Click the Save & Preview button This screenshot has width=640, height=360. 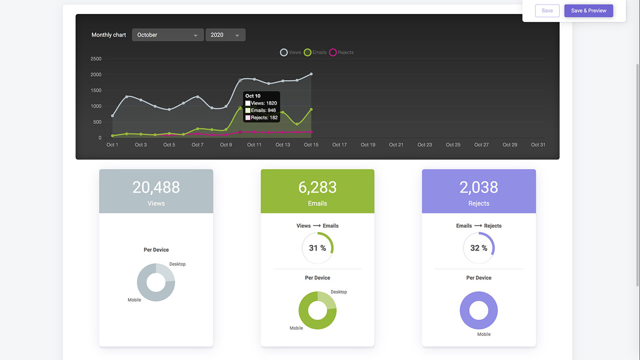pyautogui.click(x=588, y=10)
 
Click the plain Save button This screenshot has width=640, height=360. pyautogui.click(x=547, y=10)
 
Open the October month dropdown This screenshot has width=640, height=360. pyautogui.click(x=167, y=35)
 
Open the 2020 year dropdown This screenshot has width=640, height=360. pyautogui.click(x=225, y=35)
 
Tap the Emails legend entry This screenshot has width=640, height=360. pyautogui.click(x=315, y=52)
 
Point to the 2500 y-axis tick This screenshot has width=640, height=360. pyautogui.click(x=95, y=59)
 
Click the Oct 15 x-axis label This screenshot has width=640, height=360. pyautogui.click(x=311, y=145)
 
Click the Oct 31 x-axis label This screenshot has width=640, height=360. pyautogui.click(x=538, y=145)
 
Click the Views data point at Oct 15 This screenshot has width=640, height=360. pyautogui.click(x=311, y=74)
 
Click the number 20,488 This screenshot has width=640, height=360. pyautogui.click(x=156, y=187)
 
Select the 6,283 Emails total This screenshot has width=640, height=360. pyautogui.click(x=317, y=187)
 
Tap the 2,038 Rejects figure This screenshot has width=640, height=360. pyautogui.click(x=478, y=187)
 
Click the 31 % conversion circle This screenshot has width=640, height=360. pyautogui.click(x=317, y=248)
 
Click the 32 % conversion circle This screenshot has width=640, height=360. pyautogui.click(x=478, y=248)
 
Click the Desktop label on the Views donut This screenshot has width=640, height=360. pyautogui.click(x=177, y=264)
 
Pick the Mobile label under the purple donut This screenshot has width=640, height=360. pyautogui.click(x=483, y=334)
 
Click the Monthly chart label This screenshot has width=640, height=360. pyautogui.click(x=108, y=35)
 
